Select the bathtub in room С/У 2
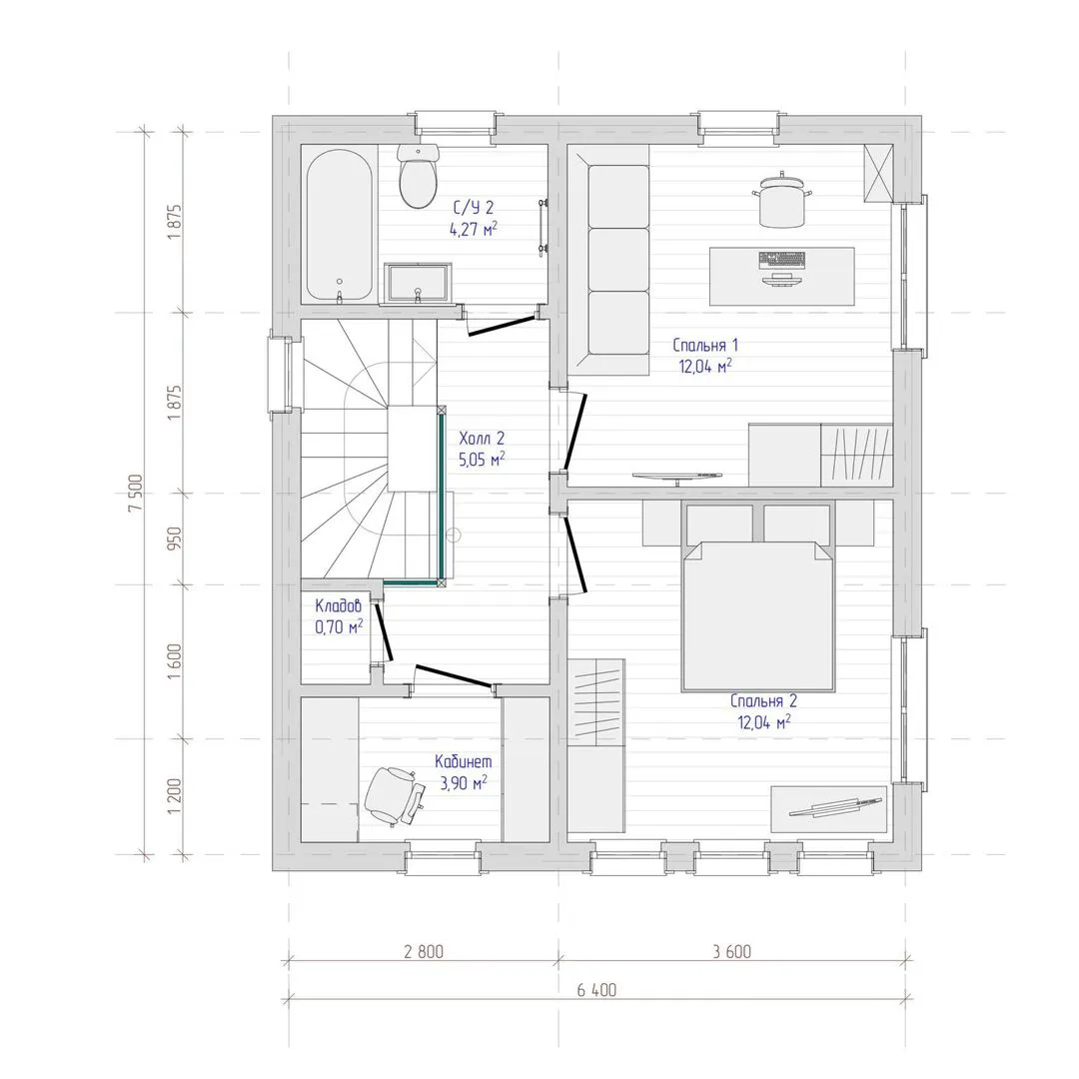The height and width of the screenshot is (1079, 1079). [x=339, y=226]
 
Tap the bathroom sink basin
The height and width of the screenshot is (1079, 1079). [x=418, y=283]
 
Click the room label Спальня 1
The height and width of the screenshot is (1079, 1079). [x=705, y=345]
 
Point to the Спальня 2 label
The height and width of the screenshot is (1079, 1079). [x=764, y=701]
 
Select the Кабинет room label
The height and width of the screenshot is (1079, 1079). [x=464, y=761]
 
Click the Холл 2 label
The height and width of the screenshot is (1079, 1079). [x=482, y=439]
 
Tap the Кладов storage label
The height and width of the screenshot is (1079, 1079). [x=338, y=606]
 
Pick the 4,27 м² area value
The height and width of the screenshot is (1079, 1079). [x=474, y=229]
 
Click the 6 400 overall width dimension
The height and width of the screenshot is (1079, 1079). [x=596, y=990]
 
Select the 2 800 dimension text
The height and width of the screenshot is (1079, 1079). [x=424, y=952]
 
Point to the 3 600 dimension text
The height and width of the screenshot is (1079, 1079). [x=731, y=952]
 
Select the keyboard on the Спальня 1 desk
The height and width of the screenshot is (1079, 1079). [x=781, y=260]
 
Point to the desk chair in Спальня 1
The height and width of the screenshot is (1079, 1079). [x=782, y=199]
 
